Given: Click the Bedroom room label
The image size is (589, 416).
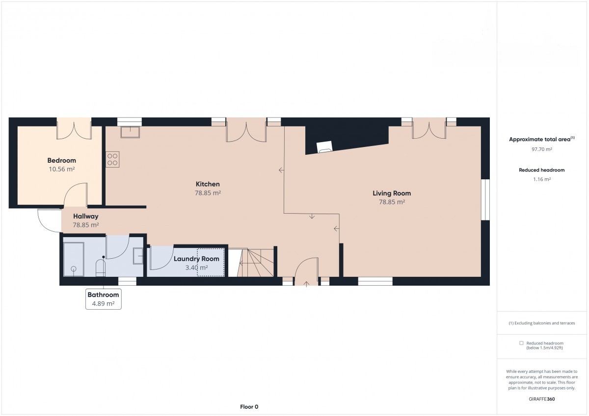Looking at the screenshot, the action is [61, 160].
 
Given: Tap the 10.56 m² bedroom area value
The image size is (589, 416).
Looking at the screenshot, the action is [62, 169].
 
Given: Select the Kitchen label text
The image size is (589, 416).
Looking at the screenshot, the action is [208, 184].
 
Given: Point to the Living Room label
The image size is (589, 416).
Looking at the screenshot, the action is [392, 194].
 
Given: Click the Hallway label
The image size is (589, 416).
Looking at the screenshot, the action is [86, 216].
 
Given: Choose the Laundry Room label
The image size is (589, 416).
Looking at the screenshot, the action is [196, 259].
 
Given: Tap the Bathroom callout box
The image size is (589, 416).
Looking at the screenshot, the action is [104, 299].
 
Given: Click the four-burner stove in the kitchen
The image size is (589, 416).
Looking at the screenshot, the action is [112, 159].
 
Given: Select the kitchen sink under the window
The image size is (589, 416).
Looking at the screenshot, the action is [130, 132].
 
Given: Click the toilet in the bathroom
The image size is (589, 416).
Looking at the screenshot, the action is [101, 268].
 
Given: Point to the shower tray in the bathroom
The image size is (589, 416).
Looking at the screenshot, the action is [74, 259].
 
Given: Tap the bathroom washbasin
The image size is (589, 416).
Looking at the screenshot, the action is [138, 256].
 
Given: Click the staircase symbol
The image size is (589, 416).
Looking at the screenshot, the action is [256, 263].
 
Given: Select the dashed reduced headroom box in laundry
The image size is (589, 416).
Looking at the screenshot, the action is [211, 262].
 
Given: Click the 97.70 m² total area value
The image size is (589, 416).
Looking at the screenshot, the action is [542, 149].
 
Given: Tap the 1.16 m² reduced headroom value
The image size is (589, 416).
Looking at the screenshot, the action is [542, 179].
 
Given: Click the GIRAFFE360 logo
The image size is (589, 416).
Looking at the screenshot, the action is [542, 399].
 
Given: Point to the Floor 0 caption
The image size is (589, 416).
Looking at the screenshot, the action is [249, 407].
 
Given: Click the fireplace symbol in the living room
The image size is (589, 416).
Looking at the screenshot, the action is [324, 147].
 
